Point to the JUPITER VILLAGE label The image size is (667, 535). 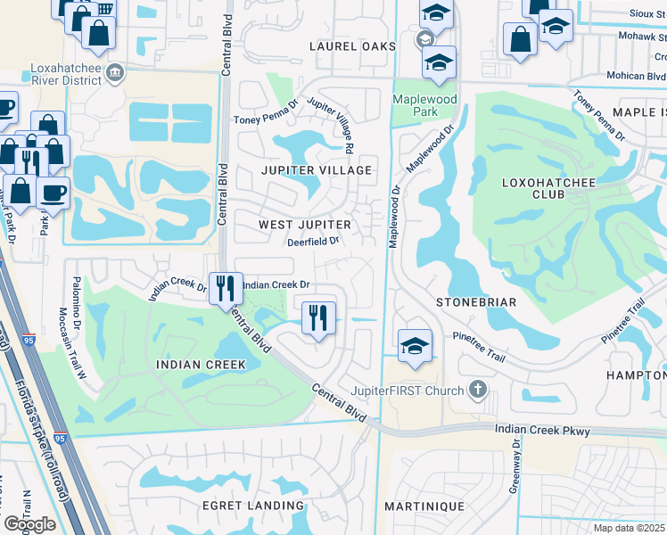[317, 169]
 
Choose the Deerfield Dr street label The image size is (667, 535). [313, 241]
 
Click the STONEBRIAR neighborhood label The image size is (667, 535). [476, 302]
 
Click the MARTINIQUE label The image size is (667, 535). [424, 506]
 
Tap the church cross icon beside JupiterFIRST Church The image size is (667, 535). [479, 390]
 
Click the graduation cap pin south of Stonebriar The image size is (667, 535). [415, 345]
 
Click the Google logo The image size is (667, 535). [30, 524]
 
